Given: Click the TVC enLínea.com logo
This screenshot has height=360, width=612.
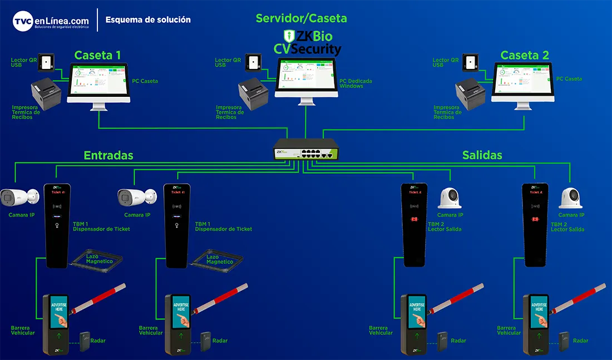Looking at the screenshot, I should pyautogui.click(x=51, y=21).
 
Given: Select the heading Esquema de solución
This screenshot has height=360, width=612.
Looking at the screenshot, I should pyautogui.click(x=148, y=19).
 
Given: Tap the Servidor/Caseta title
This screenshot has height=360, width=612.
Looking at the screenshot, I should pyautogui.click(x=301, y=18).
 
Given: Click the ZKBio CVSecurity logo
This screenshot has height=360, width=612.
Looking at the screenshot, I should pyautogui.click(x=308, y=43).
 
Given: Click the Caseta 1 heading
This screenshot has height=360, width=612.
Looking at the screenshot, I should pyautogui.click(x=97, y=55).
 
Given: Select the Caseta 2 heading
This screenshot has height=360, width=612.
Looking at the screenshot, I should pyautogui.click(x=525, y=55).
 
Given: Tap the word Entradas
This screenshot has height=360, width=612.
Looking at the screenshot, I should pyautogui.click(x=108, y=155).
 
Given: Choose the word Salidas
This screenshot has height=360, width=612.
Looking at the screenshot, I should pyautogui.click(x=482, y=155).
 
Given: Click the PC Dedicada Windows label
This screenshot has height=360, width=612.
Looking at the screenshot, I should pyautogui.click(x=356, y=83).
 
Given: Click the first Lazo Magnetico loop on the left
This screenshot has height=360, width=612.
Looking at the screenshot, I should pyautogui.click(x=99, y=260).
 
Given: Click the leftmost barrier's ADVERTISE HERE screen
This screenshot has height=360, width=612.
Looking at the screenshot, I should pyautogui.click(x=59, y=312).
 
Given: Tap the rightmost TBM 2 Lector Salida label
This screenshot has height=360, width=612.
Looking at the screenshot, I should pyautogui.click(x=567, y=227).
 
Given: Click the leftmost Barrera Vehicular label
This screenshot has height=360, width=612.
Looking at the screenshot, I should pyautogui.click(x=23, y=331).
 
